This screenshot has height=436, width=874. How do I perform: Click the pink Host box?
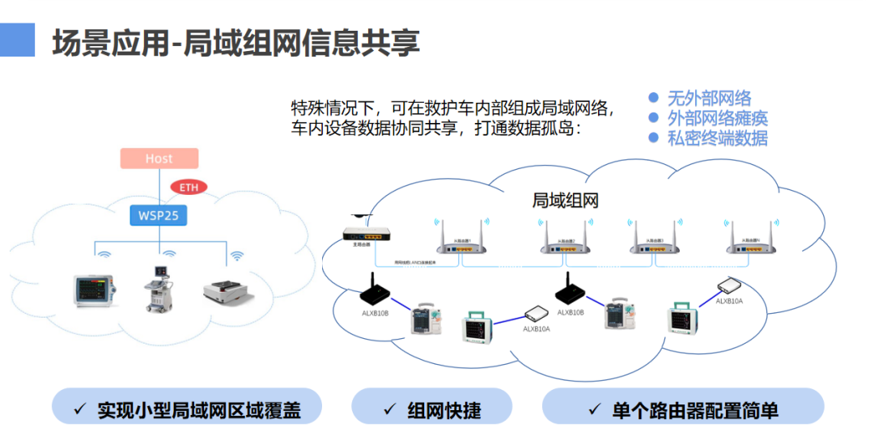click(159, 159)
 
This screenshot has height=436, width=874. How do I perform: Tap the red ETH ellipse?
click(189, 188)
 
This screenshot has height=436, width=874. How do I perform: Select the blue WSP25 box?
click(159, 216)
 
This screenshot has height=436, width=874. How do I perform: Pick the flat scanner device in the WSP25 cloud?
click(227, 290)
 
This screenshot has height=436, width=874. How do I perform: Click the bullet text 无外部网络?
click(708, 99)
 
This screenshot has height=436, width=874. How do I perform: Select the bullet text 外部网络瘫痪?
click(717, 118)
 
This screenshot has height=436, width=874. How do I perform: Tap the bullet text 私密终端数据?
click(717, 138)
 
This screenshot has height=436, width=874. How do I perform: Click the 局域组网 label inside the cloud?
click(565, 201)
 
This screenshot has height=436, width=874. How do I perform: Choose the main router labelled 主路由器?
click(367, 235)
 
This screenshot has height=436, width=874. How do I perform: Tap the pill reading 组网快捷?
click(431, 410)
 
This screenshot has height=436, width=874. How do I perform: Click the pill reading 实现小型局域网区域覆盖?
click(187, 410)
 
